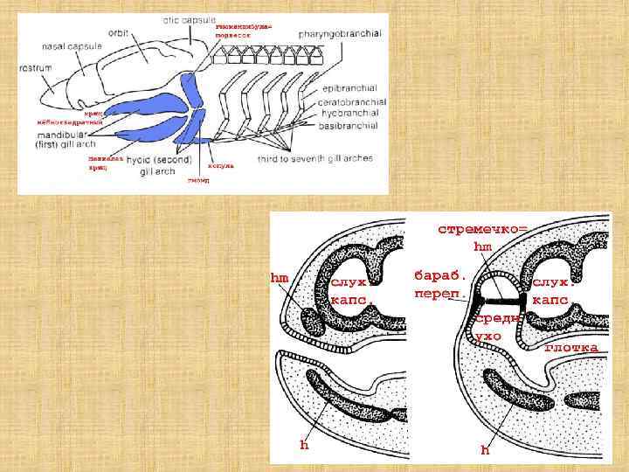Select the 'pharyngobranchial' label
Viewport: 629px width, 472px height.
(338, 32)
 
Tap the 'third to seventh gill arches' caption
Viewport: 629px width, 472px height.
(315, 158)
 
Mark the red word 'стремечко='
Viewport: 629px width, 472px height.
(482, 228)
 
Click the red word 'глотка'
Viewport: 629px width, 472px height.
(571, 348)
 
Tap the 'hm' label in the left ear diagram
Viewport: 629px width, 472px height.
(279, 277)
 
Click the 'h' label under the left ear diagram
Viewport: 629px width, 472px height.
(304, 445)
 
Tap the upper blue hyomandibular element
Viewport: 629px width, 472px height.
(190, 87)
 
